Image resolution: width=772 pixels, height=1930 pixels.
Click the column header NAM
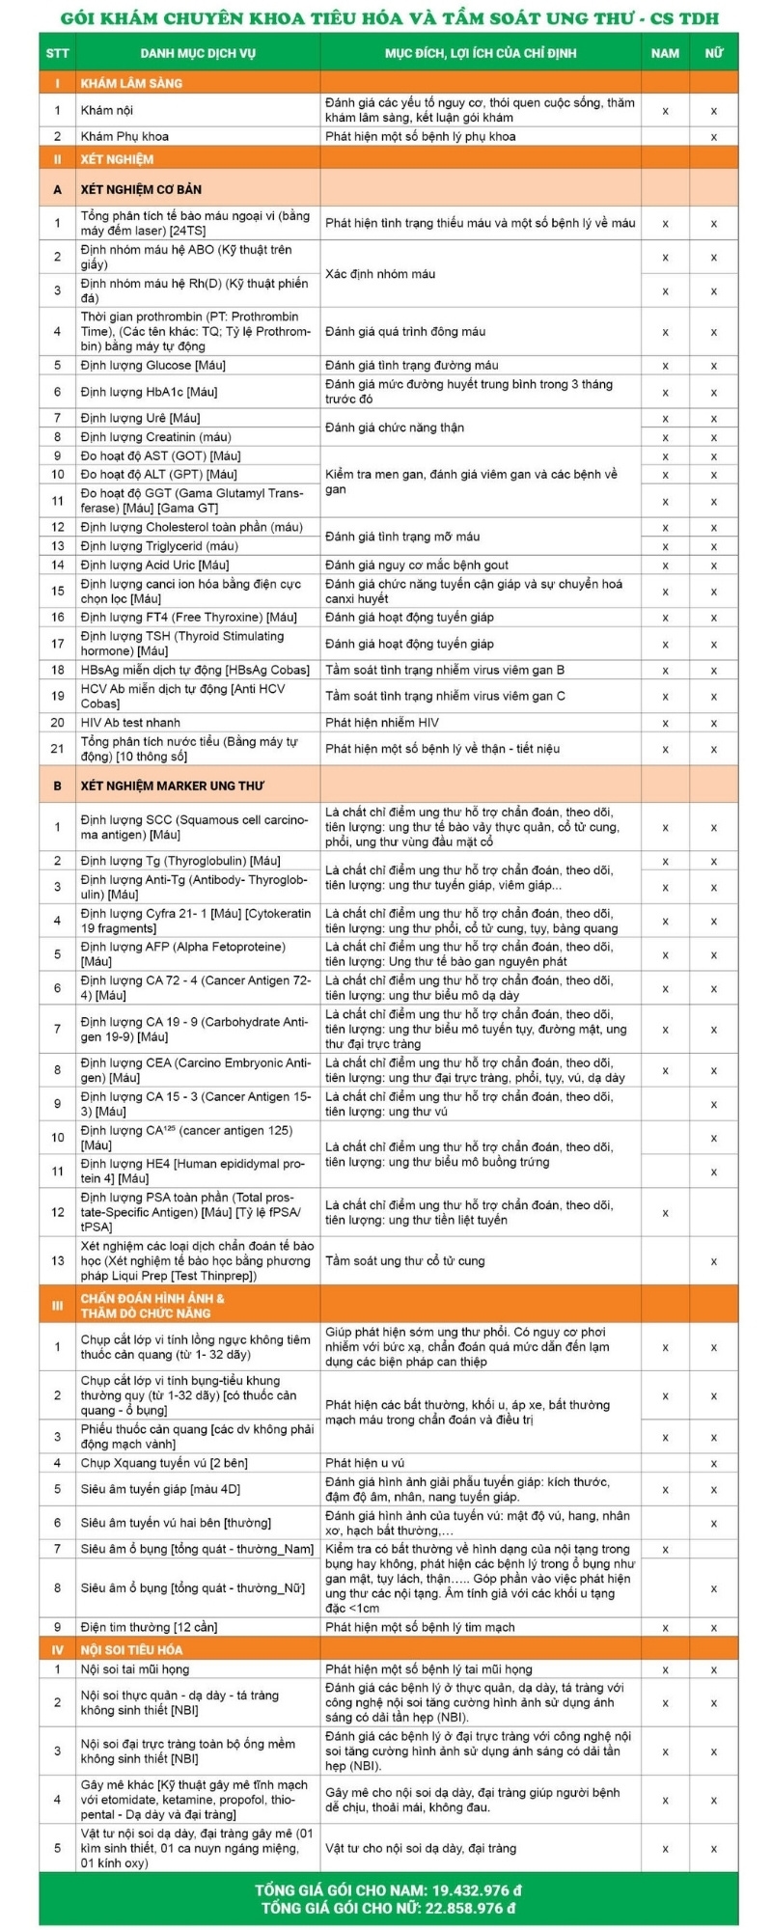click(665, 53)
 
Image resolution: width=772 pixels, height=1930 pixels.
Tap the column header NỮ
click(713, 53)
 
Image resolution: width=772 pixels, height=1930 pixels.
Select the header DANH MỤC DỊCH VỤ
click(198, 53)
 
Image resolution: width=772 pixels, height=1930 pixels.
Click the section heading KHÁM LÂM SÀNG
click(131, 83)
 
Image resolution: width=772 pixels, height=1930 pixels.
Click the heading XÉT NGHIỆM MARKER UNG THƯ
click(173, 786)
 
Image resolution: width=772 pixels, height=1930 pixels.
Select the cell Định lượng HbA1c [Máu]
click(150, 392)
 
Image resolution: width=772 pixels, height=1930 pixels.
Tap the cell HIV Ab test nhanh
click(130, 722)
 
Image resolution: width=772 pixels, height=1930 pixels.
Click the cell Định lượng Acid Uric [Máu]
click(154, 565)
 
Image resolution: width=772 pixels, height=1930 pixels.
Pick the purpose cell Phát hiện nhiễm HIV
click(382, 722)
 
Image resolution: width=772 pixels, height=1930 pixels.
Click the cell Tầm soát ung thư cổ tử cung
click(405, 1260)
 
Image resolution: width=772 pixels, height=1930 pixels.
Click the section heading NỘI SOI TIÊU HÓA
click(131, 1649)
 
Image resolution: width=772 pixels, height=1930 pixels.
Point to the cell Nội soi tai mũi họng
click(135, 1668)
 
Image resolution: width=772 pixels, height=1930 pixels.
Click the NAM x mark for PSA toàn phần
click(665, 1212)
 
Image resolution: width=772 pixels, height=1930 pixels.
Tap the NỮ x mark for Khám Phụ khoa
click(713, 137)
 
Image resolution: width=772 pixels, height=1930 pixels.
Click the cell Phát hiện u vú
click(365, 1463)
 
